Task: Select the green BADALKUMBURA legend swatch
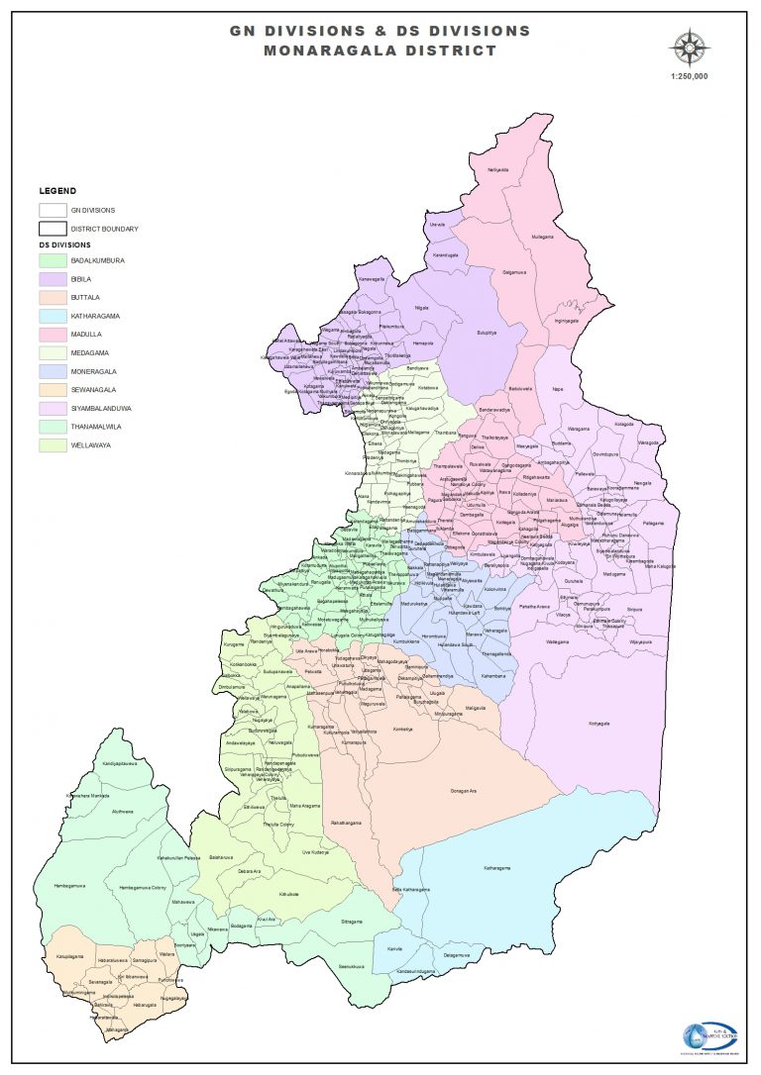coord(52,260)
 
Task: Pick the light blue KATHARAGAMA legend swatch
coord(52,316)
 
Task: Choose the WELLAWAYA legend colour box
coord(52,444)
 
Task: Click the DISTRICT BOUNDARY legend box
coord(52,229)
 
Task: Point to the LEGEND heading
coord(57,190)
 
